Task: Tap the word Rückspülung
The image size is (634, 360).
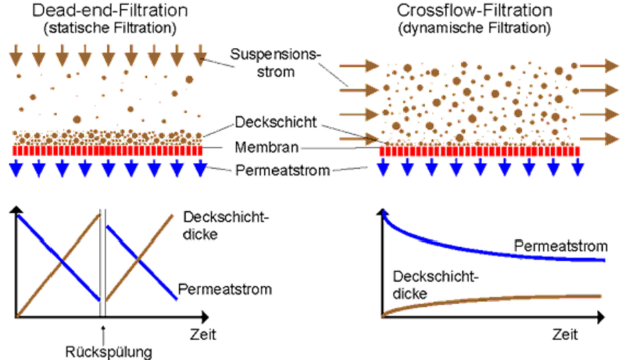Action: pos(103,350)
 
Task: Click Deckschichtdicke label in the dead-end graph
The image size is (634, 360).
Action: pos(211,226)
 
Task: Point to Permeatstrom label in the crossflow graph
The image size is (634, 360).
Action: pos(560,246)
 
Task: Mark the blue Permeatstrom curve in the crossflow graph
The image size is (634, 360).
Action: pos(465,250)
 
